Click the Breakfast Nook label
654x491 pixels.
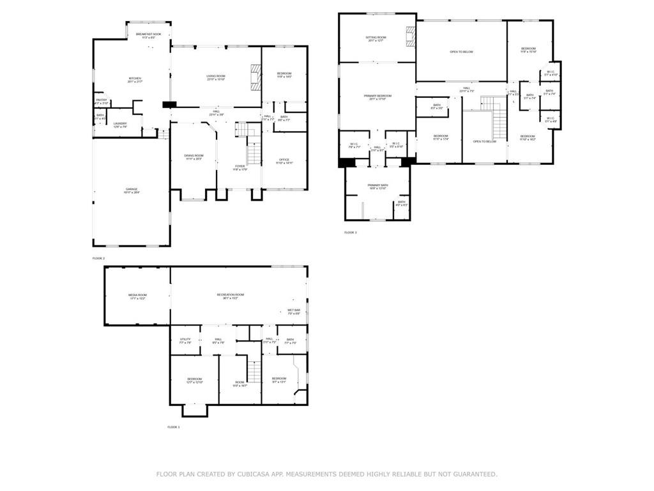[148, 35]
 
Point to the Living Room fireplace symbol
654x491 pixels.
[255, 75]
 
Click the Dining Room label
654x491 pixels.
[194, 157]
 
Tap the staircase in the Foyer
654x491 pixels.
[254, 154]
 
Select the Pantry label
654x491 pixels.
[101, 101]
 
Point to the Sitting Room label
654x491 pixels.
[376, 39]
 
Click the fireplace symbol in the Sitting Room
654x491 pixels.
[410, 36]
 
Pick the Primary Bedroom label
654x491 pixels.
[377, 97]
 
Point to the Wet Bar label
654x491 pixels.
[294, 311]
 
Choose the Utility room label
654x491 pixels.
[185, 341]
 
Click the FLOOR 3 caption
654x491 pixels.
[351, 233]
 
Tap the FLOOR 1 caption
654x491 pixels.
[174, 427]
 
